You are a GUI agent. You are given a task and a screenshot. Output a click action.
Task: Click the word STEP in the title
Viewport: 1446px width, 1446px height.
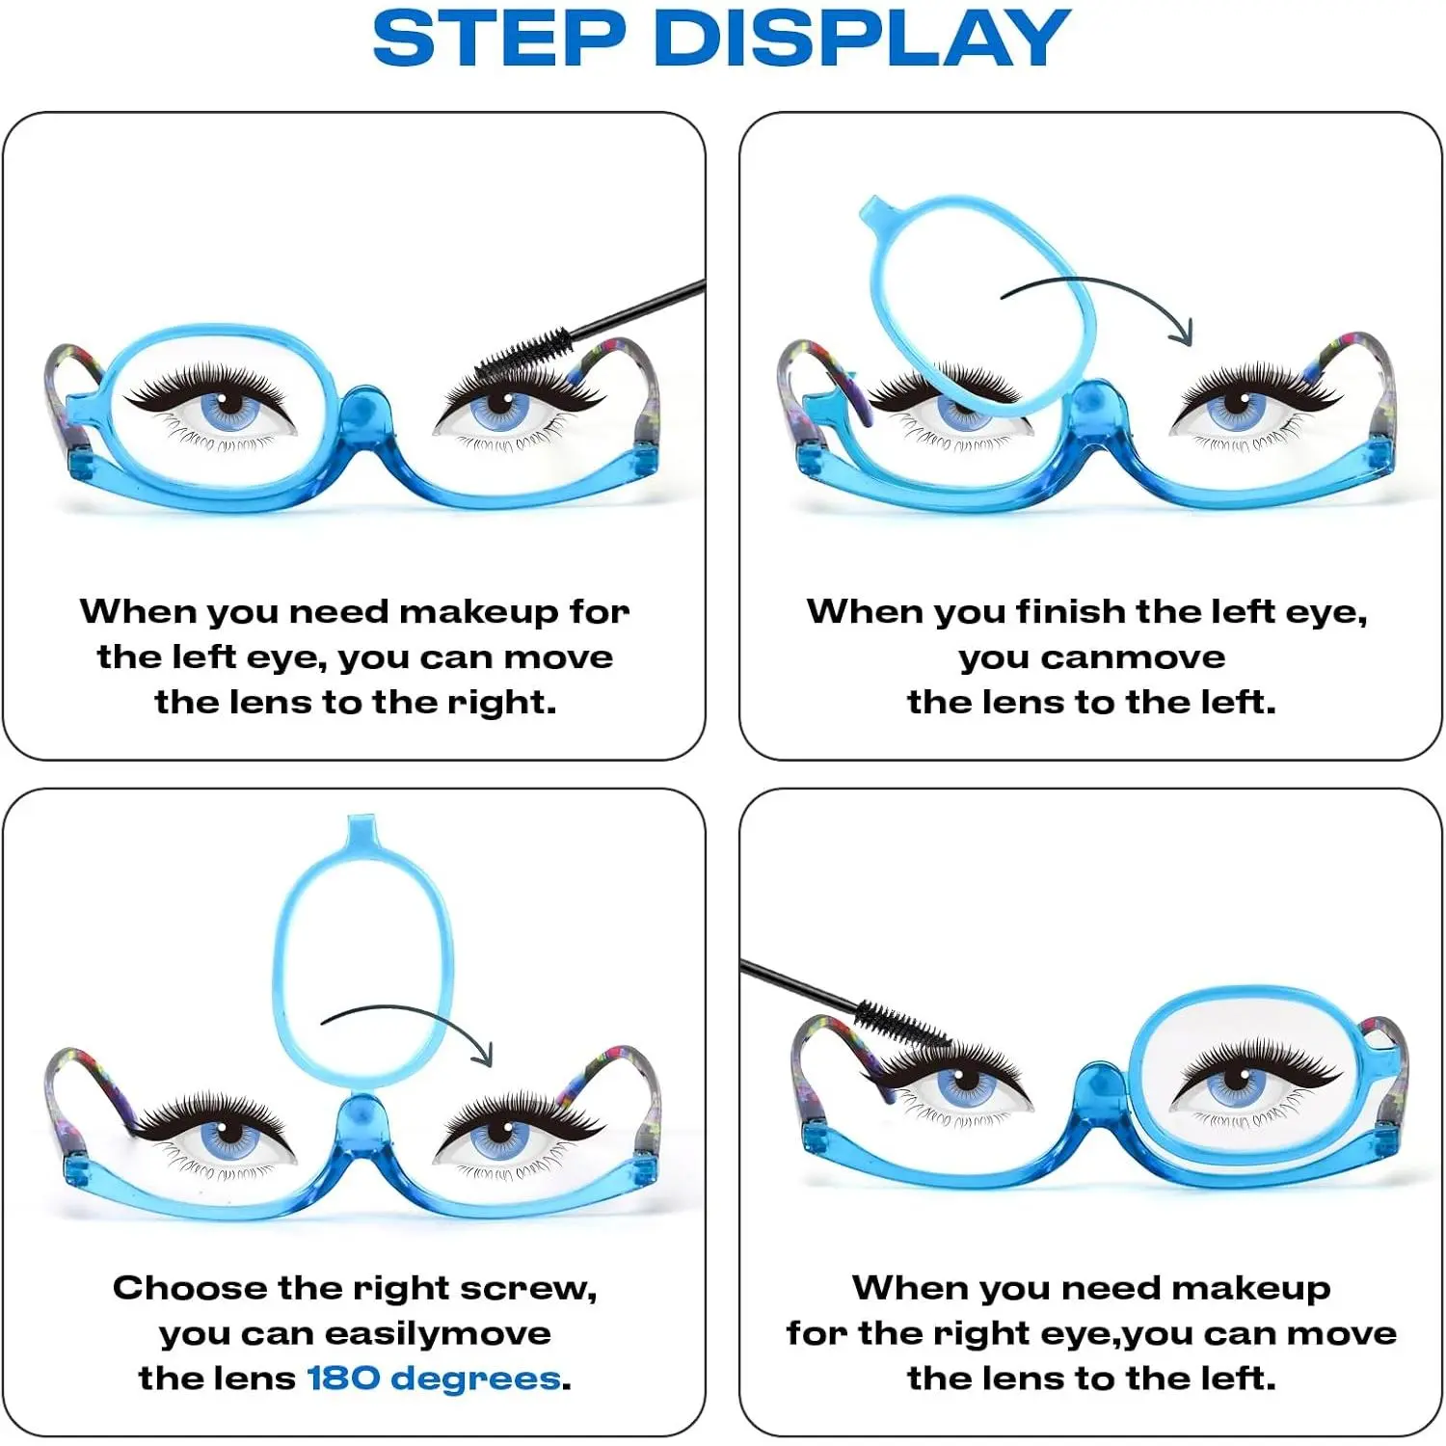pos(499,39)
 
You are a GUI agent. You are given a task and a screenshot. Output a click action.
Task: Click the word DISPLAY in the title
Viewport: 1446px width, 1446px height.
pos(862,39)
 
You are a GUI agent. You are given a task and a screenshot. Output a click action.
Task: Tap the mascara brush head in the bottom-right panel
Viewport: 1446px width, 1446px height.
pos(901,1026)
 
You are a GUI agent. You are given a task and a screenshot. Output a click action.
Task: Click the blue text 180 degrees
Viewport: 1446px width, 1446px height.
pos(433,1379)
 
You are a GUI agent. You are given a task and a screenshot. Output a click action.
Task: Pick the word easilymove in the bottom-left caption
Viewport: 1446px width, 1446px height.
pos(438,1334)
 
